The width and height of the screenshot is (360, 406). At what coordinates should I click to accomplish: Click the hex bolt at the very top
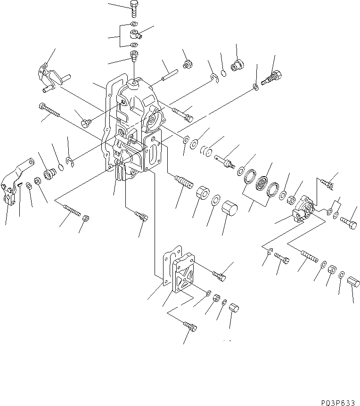tap(133, 8)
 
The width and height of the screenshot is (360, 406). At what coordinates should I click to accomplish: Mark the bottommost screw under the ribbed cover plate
tap(189, 325)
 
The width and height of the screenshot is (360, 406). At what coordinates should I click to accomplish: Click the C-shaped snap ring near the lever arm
tap(70, 162)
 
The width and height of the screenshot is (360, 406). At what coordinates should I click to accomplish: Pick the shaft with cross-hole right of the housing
tap(225, 161)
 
